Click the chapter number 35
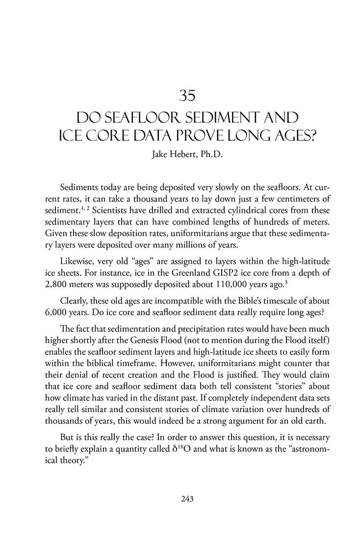(x=180, y=96)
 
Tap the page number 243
(x=180, y=499)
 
